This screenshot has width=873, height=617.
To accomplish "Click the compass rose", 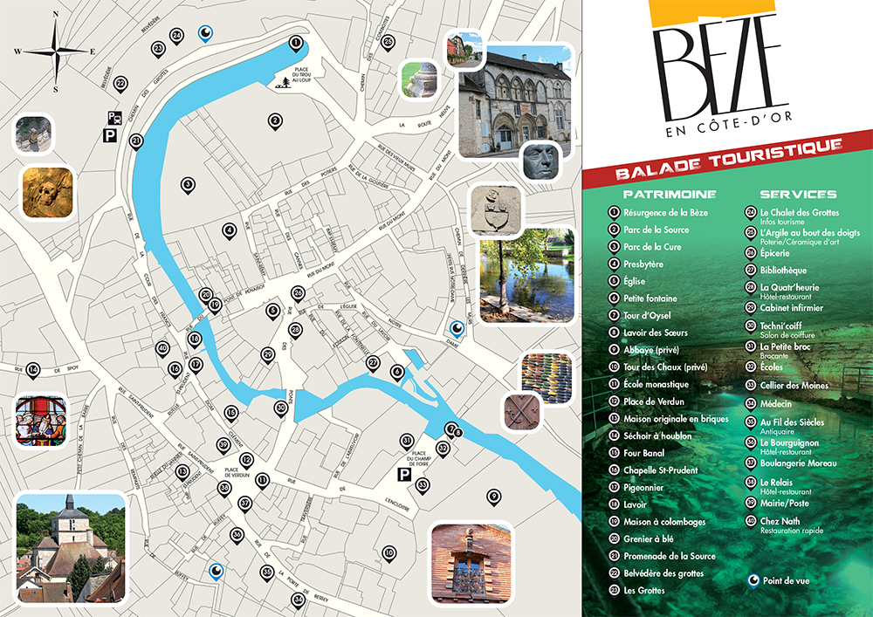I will point(55,51).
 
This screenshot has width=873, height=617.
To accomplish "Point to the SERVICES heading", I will point(798,195).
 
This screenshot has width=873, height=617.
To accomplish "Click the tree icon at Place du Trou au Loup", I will point(286,82).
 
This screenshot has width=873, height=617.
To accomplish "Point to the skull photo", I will point(48,192).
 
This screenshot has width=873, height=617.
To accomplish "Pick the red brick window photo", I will point(471,563).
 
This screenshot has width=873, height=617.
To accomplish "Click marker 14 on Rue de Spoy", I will point(33,370).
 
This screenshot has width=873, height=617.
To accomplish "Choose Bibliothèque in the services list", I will point(783,271).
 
